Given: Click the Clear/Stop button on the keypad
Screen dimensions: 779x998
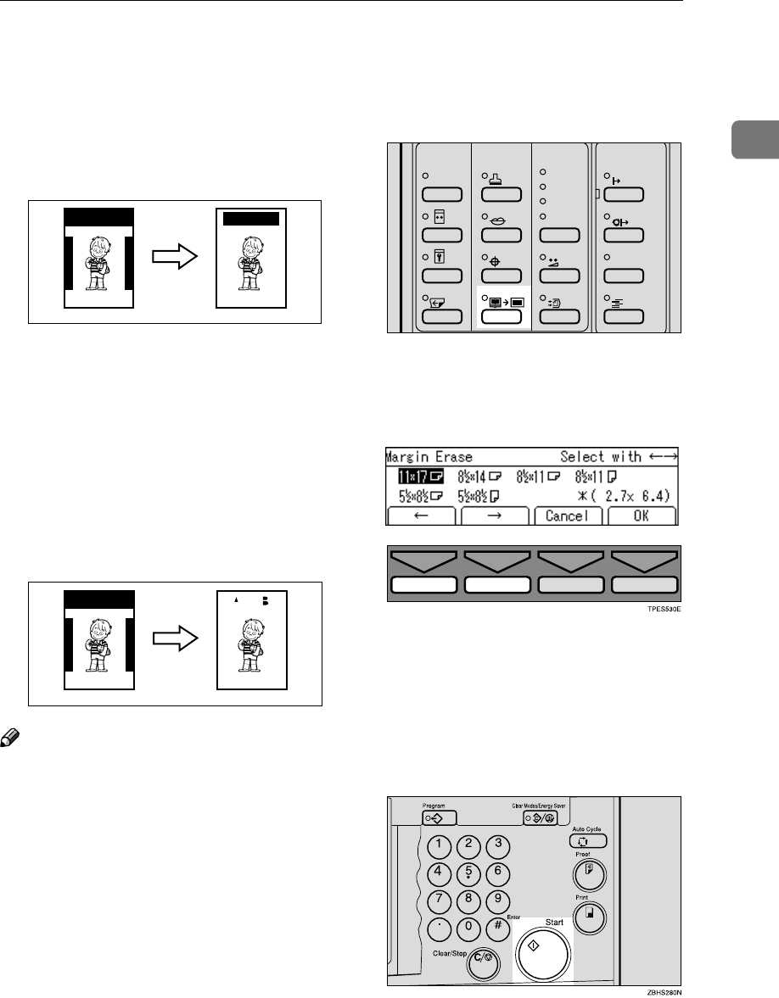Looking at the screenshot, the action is point(487,958).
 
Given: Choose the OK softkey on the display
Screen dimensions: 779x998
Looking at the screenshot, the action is point(641,516).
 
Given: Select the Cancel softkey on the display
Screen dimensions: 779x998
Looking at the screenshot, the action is point(569,516).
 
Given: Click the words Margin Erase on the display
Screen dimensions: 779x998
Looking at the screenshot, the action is point(429,455).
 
